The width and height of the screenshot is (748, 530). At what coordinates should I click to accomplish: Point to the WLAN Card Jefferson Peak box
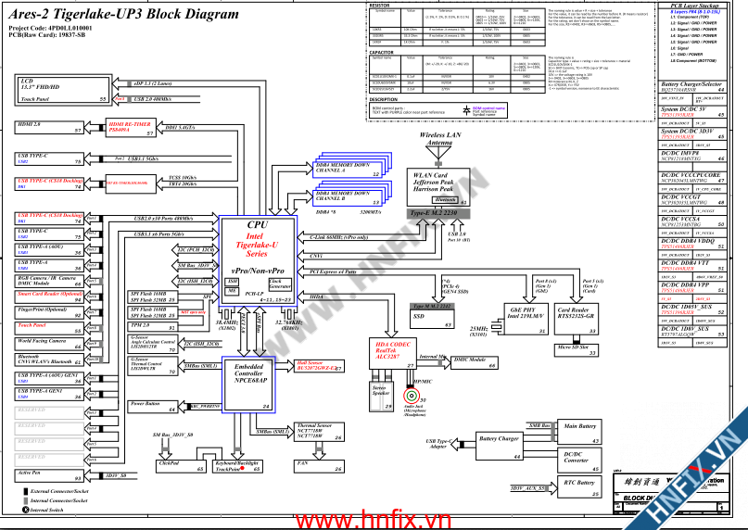(438, 184)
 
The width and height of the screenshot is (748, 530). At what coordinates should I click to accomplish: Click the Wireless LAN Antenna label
(439, 139)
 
